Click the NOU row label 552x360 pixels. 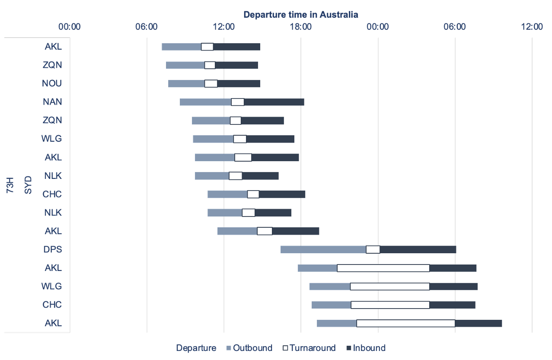coord(52,83)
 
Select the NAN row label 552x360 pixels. coord(52,102)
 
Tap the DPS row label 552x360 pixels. coord(52,249)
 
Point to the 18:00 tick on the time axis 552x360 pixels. coord(300,27)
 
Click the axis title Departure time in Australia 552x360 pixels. coord(300,14)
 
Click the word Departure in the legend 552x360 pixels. coord(196,348)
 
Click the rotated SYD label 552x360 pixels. coord(28,185)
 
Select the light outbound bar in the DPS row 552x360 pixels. coord(323,249)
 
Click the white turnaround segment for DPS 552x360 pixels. coord(373,249)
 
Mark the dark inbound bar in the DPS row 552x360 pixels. coord(418,249)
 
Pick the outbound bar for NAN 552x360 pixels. coord(205,102)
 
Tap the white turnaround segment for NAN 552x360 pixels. coord(237,102)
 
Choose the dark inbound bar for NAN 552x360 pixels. coord(274,102)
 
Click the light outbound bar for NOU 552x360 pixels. coord(186,83)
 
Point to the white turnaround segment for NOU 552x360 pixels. coord(211,83)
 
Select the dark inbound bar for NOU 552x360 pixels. coord(239,83)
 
